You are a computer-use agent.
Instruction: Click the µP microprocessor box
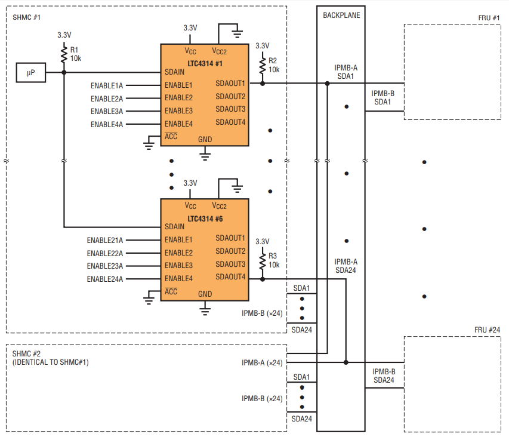pyautogui.click(x=31, y=72)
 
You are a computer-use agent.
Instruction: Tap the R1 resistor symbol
pyautogui.click(x=64, y=54)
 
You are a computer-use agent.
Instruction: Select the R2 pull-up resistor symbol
pyautogui.click(x=263, y=65)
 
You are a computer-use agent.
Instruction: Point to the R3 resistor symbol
pyautogui.click(x=263, y=261)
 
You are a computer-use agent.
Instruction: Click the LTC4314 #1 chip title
pyautogui.click(x=205, y=64)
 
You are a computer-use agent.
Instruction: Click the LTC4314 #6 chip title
pyautogui.click(x=205, y=219)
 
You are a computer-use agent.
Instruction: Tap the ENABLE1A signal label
pyautogui.click(x=107, y=86)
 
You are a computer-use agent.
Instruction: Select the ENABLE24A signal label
pyautogui.click(x=105, y=279)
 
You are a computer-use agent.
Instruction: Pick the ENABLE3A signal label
pyautogui.click(x=107, y=112)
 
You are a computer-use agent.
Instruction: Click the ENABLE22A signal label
pyautogui.click(x=105, y=253)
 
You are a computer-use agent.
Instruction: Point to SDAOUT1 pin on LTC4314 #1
pyautogui.click(x=230, y=84)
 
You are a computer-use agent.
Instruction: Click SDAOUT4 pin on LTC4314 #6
pyautogui.click(x=230, y=276)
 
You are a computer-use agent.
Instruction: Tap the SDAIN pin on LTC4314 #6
pyautogui.click(x=175, y=226)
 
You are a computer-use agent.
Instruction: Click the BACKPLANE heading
pyautogui.click(x=341, y=16)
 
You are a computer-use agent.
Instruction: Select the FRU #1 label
pyautogui.click(x=489, y=18)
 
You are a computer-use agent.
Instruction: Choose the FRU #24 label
pyautogui.click(x=488, y=330)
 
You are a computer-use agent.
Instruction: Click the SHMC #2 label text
pyautogui.click(x=26, y=353)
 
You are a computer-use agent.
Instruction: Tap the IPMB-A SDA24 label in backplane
pyautogui.click(x=345, y=266)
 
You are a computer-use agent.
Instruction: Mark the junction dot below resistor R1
pyautogui.click(x=64, y=72)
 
